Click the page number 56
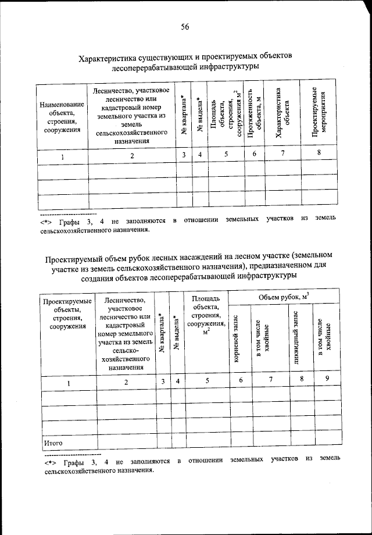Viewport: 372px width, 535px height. (x=186, y=26)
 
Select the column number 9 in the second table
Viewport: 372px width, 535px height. (x=327, y=380)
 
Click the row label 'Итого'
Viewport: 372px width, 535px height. (x=53, y=443)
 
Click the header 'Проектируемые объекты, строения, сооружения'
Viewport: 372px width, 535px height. (x=68, y=314)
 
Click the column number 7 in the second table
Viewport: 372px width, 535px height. (x=269, y=380)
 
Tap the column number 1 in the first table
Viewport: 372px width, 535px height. (x=62, y=155)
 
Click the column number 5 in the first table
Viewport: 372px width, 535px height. (x=227, y=155)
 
